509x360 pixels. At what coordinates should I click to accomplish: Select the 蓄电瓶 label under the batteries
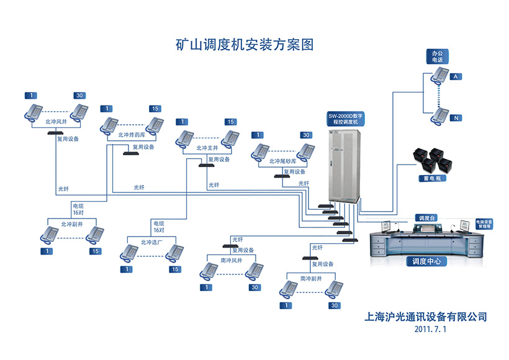431,178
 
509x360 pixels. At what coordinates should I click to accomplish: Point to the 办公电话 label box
438,57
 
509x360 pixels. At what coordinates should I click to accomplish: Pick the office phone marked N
441,115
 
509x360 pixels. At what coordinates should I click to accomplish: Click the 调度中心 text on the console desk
426,261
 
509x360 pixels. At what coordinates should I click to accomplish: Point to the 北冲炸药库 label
131,134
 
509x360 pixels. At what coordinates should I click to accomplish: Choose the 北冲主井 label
207,148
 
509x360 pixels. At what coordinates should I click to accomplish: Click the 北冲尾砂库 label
282,161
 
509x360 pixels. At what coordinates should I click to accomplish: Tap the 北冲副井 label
71,223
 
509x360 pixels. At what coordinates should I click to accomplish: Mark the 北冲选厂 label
151,242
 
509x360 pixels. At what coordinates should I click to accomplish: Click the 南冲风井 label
232,260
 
